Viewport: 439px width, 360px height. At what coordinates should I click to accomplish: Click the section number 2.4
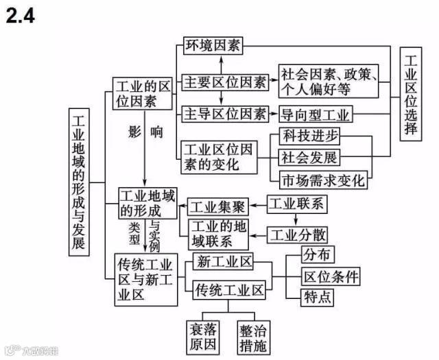[x=20, y=14]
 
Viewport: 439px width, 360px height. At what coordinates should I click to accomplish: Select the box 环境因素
[x=213, y=46]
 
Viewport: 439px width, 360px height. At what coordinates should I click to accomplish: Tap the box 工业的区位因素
[x=143, y=94]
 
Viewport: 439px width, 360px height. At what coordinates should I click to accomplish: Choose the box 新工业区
[x=224, y=261]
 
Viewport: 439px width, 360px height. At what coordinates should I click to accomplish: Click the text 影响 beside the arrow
[x=145, y=132]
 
